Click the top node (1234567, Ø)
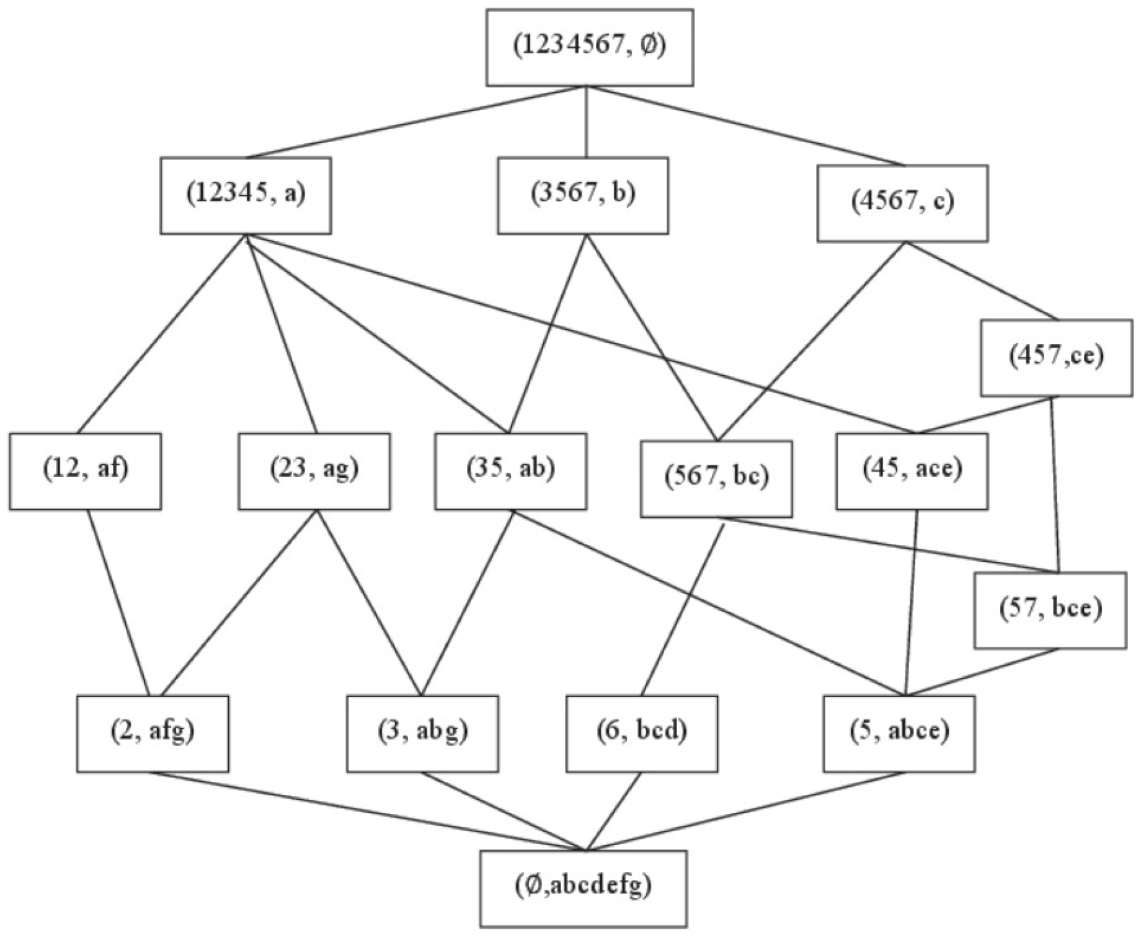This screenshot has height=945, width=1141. (x=589, y=47)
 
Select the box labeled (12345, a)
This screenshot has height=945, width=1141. (x=246, y=195)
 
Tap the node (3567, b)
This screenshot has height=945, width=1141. (x=582, y=195)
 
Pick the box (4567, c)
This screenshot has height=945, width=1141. (x=902, y=203)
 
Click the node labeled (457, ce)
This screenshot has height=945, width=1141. (x=1056, y=358)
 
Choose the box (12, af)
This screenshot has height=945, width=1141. (x=85, y=471)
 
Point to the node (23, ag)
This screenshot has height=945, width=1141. (x=314, y=471)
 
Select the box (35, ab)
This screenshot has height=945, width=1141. (x=510, y=471)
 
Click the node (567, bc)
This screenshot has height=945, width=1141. (x=716, y=479)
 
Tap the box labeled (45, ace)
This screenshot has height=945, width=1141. (x=912, y=471)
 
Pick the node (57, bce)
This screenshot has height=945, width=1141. (x=1050, y=610)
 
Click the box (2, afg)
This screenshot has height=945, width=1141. (x=153, y=734)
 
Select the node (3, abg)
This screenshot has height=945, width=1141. (x=422, y=734)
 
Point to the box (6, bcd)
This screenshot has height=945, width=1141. (x=642, y=734)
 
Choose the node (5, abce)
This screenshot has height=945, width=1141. (x=899, y=734)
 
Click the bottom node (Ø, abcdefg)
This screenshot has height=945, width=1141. (x=583, y=888)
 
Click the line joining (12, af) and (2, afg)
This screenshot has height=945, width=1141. (x=118, y=603)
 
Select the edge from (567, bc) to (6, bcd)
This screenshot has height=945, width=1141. (x=682, y=606)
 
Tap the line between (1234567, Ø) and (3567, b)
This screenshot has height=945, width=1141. (x=586, y=122)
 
